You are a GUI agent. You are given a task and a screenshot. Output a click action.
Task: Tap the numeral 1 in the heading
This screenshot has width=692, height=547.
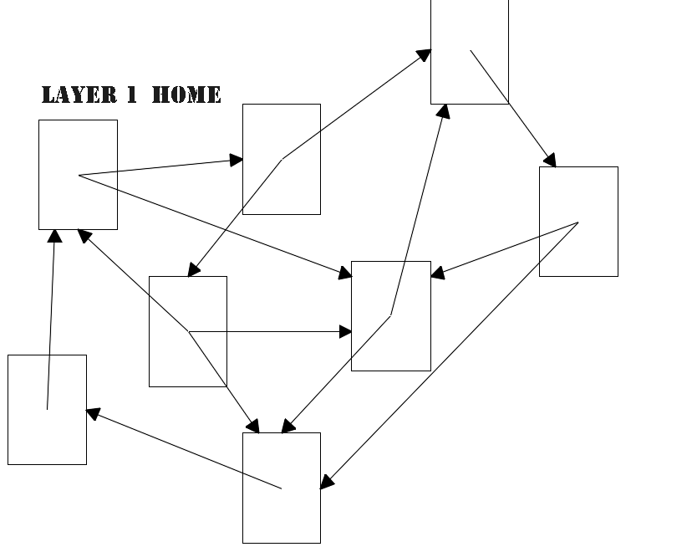point(132,95)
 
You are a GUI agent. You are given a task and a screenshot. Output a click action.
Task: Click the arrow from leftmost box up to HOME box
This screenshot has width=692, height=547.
point(51,318)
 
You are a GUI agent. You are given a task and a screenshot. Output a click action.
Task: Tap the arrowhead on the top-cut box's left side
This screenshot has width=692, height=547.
point(425,54)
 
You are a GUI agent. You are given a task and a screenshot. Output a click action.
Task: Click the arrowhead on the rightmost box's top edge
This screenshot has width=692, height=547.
point(550,161)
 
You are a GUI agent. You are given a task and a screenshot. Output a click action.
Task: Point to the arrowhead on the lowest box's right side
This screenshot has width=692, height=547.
point(327,482)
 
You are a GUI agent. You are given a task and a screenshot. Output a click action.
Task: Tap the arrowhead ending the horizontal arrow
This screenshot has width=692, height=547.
point(346,332)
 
